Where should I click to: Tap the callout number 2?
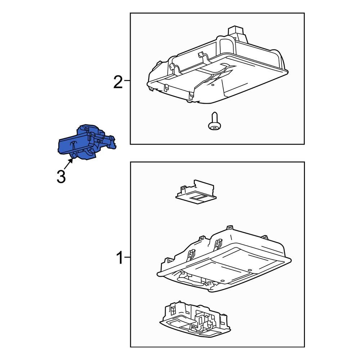point(118,82)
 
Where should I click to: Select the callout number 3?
point(61,176)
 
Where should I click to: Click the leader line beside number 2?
point(127,82)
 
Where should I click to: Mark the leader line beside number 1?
point(127,258)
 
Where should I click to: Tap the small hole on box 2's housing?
point(213,85)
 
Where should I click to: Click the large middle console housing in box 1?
point(223,259)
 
